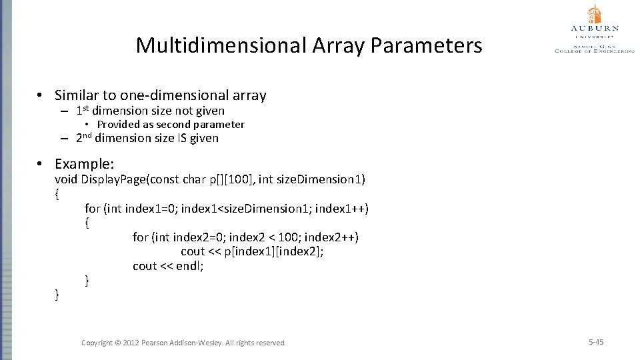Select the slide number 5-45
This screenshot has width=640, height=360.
coord(596,342)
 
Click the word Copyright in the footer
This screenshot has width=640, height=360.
coord(97,343)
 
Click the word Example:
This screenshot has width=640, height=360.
coord(85,164)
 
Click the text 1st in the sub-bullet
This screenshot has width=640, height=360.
coord(83,111)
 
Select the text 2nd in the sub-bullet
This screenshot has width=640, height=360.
coord(83,138)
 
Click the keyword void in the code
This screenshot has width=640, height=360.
coord(66,179)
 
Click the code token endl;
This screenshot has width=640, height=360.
coord(190,266)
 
